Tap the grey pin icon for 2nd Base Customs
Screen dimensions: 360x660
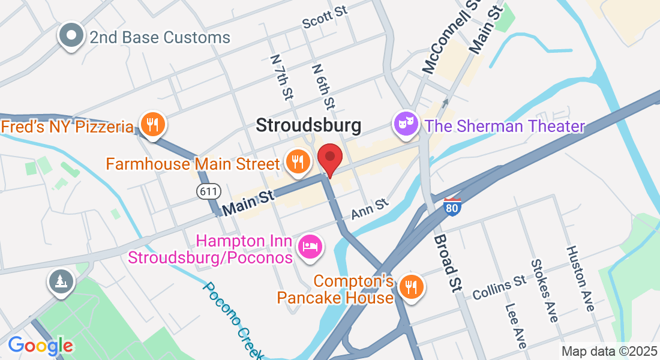[x=71, y=35]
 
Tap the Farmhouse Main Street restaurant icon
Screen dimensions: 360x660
[x=297, y=161]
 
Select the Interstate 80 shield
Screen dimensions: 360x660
[x=453, y=207]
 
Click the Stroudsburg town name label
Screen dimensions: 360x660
[x=309, y=125]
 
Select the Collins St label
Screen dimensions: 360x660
[x=499, y=287]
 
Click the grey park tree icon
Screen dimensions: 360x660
[x=61, y=282]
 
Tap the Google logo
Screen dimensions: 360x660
[x=40, y=345]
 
